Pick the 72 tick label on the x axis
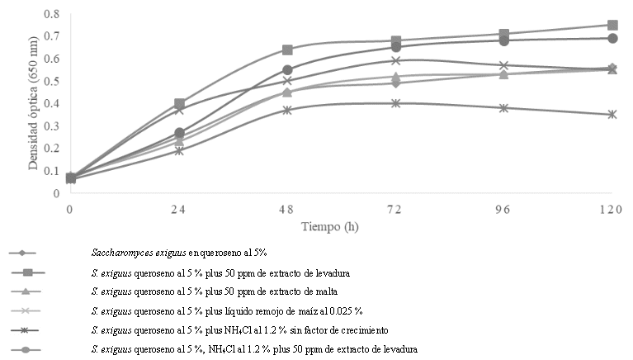tap(395, 210)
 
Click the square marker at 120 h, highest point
tap(612, 26)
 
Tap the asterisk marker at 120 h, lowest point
tap(612, 115)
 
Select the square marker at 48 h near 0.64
tap(287, 50)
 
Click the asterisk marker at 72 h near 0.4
tap(396, 103)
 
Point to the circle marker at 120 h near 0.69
tap(612, 38)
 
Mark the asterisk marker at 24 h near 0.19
tap(179, 150)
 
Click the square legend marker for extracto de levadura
tap(27, 272)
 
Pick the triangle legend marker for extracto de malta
tap(27, 291)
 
